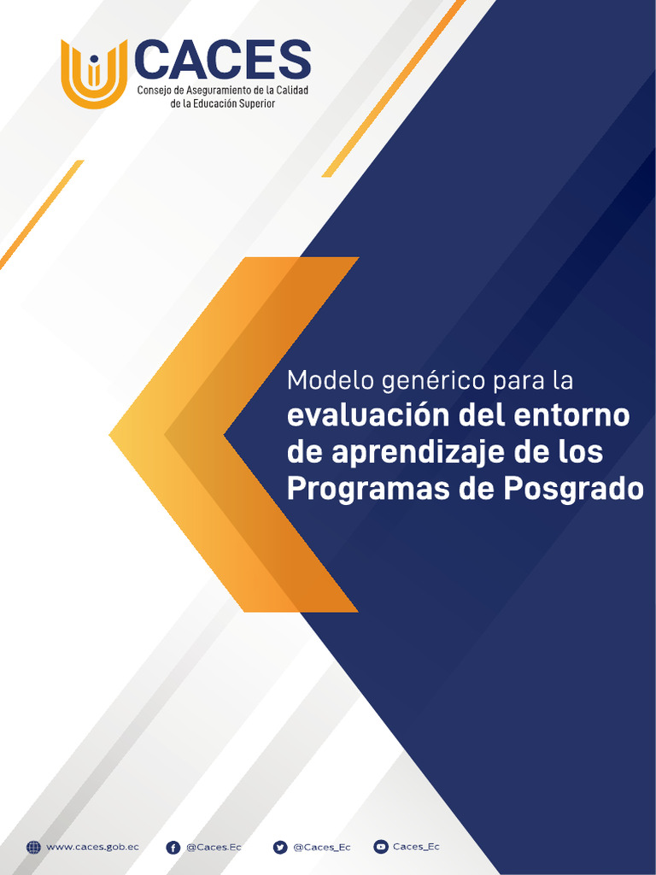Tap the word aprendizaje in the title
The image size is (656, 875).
pyautogui.click(x=417, y=454)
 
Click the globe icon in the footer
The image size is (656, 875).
pyautogui.click(x=33, y=847)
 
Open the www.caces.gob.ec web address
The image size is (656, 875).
pyautogui.click(x=91, y=847)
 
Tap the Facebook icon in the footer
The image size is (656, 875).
pyautogui.click(x=173, y=847)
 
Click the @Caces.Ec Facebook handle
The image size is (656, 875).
pyautogui.click(x=214, y=847)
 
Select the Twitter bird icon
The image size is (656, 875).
pyautogui.click(x=280, y=847)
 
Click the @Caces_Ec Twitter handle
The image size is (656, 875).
pyautogui.click(x=321, y=847)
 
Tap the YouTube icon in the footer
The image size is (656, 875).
pyautogui.click(x=381, y=847)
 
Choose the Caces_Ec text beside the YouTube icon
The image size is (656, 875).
pyautogui.click(x=416, y=847)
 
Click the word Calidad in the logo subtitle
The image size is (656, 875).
pyautogui.click(x=290, y=90)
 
